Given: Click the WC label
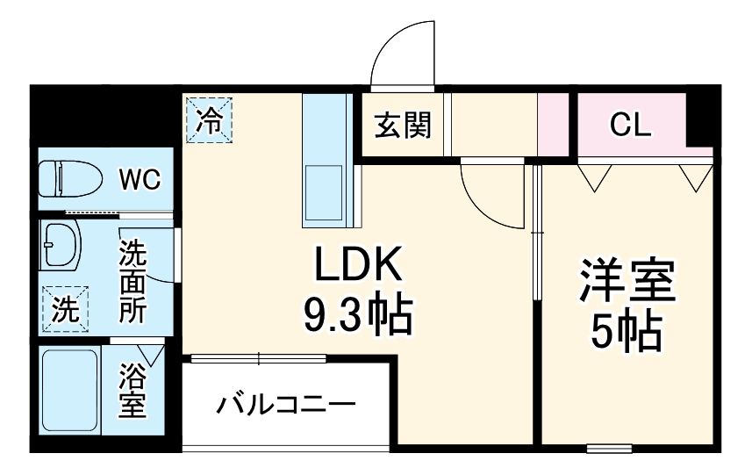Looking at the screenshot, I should [140, 181].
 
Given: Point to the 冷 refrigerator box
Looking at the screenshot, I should [209, 120].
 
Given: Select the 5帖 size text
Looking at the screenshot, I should [626, 331].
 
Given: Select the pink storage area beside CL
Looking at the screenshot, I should [555, 123].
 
